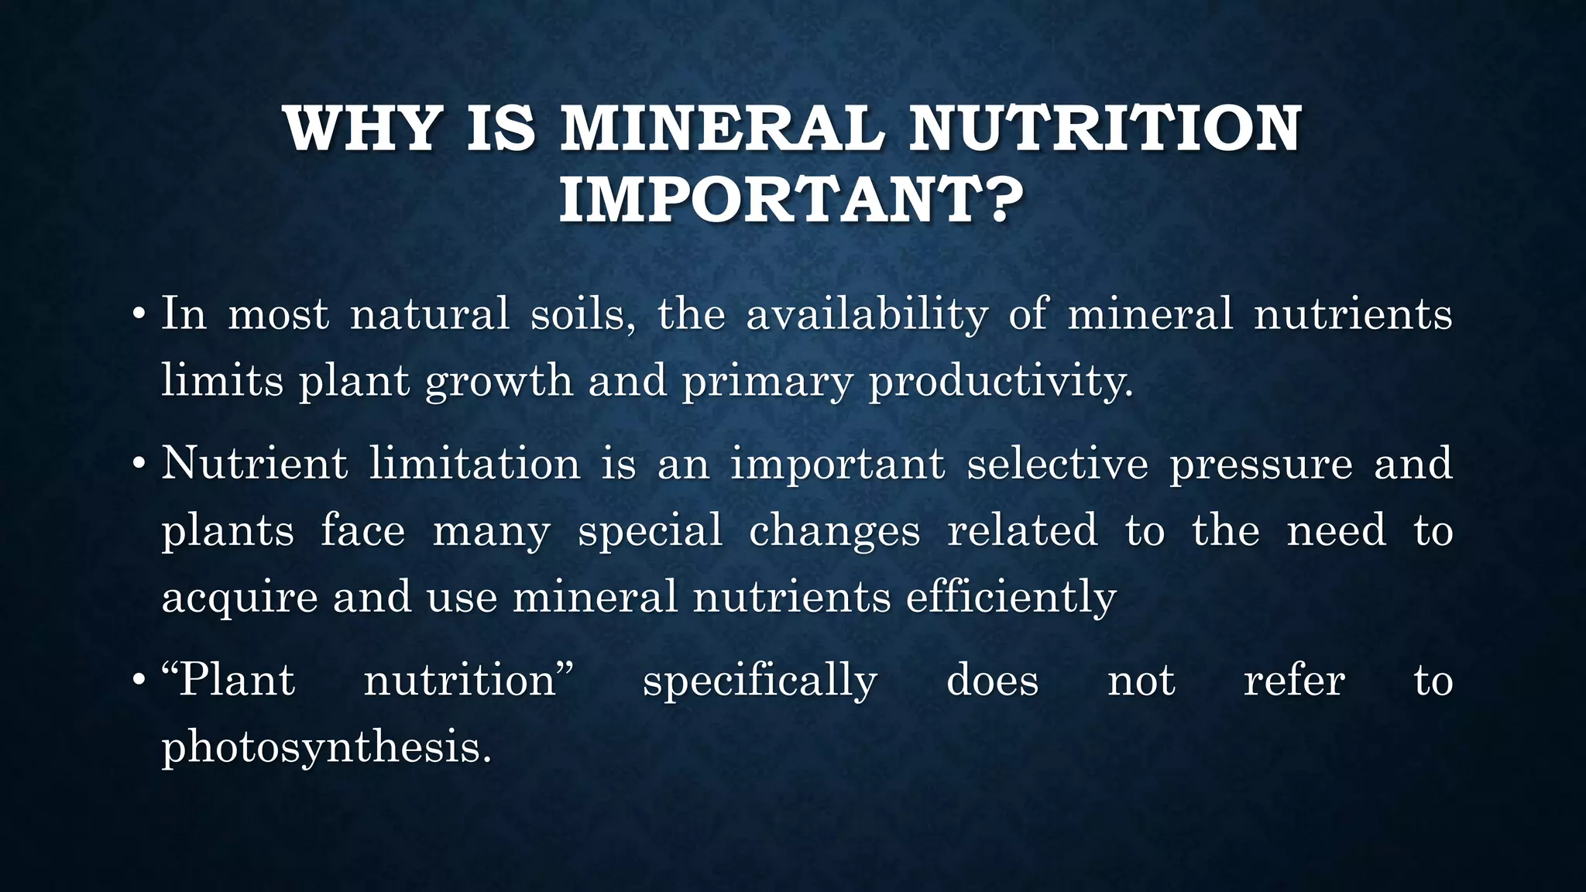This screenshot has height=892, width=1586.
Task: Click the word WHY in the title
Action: pyautogui.click(x=362, y=129)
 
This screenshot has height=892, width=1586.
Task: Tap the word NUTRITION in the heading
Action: pyautogui.click(x=1105, y=129)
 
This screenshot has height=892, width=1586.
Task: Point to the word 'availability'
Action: pyautogui.click(x=867, y=315)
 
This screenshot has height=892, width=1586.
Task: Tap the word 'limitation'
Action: pyautogui.click(x=474, y=464)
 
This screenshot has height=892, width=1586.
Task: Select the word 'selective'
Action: pyautogui.click(x=1057, y=464)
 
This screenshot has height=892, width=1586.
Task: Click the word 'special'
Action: pyautogui.click(x=650, y=532)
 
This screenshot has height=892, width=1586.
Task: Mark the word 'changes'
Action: pyautogui.click(x=835, y=532)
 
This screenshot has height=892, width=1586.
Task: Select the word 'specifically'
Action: pyautogui.click(x=760, y=681)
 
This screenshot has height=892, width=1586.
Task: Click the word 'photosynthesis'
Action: pyautogui.click(x=325, y=749)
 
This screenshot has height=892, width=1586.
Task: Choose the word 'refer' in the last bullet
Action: pyautogui.click(x=1294, y=681)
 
